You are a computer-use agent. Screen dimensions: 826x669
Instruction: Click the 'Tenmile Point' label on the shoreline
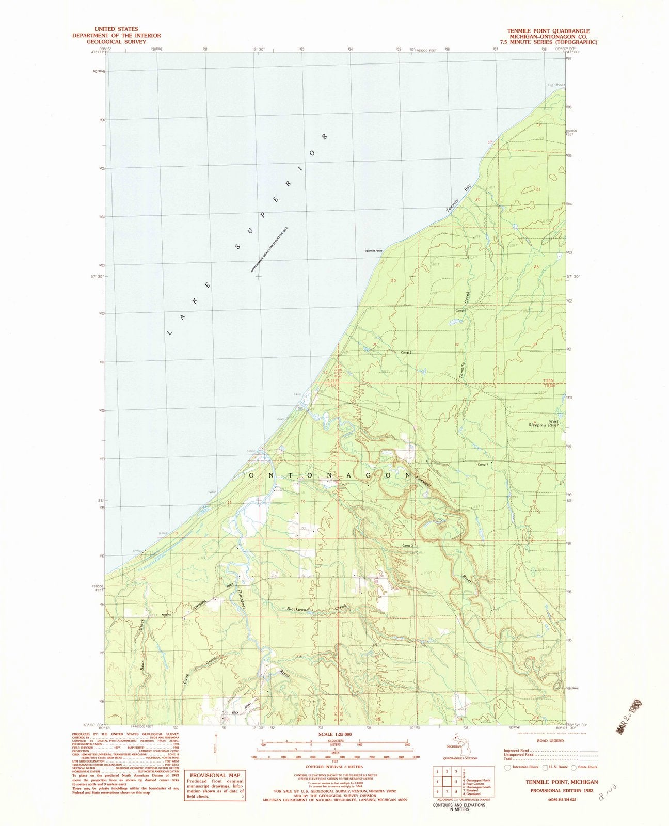pyautogui.click(x=374, y=251)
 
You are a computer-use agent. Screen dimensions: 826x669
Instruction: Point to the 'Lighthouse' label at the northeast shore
pyautogui.click(x=557, y=85)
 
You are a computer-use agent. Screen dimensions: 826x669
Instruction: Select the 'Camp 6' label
pyautogui.click(x=460, y=311)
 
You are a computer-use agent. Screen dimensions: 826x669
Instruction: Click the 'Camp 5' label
pyautogui.click(x=406, y=352)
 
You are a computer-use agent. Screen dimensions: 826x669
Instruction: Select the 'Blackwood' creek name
pyautogui.click(x=298, y=610)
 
